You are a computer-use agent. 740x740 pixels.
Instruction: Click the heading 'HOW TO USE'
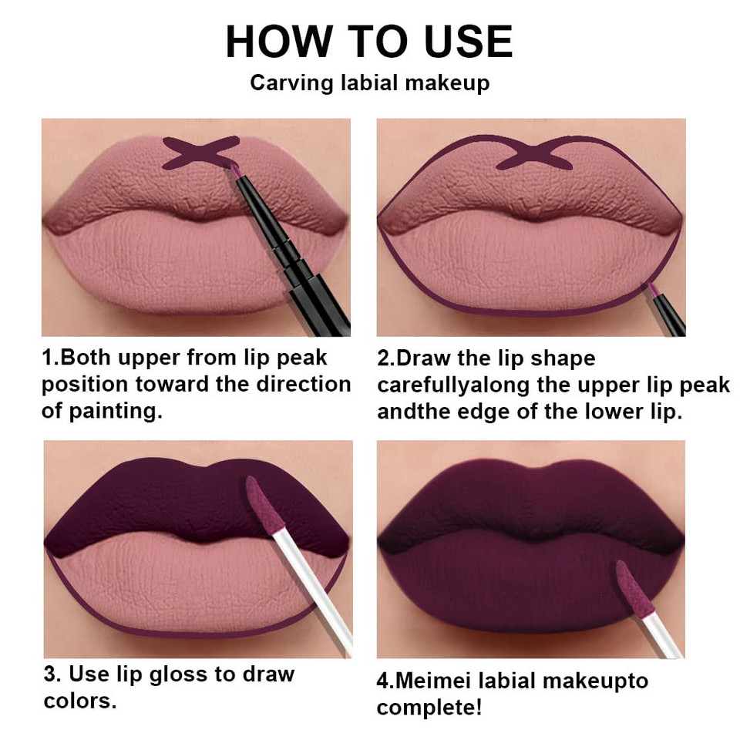pyautogui.click(x=369, y=42)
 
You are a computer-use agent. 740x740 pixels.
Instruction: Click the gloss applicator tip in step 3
pyautogui.click(x=262, y=505)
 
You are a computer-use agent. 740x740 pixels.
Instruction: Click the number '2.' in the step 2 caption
pyautogui.click(x=385, y=358)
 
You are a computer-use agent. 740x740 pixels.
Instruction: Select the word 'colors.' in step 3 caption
pyautogui.click(x=80, y=701)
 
